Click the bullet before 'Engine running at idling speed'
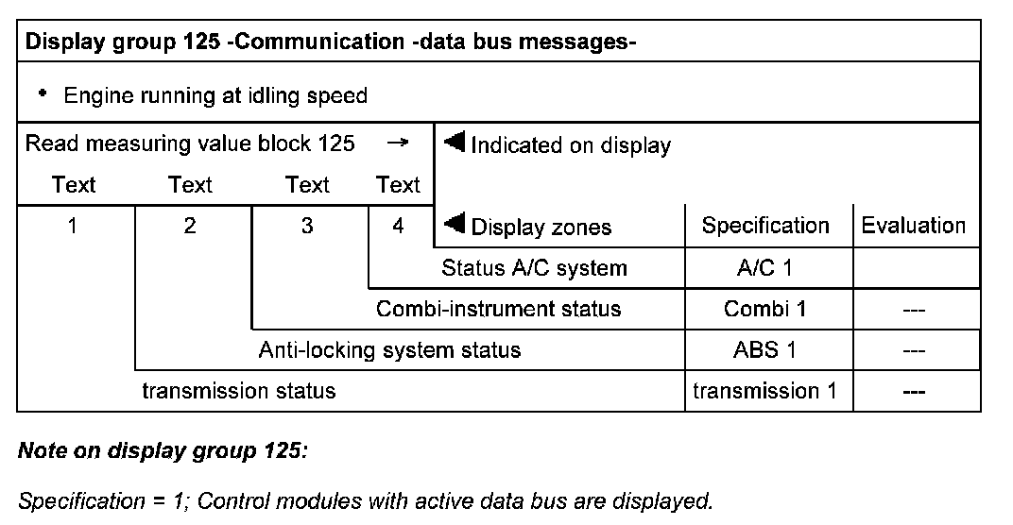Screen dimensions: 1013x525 [43, 93]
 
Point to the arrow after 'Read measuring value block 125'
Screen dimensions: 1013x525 [399, 144]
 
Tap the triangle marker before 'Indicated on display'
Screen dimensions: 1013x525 [455, 143]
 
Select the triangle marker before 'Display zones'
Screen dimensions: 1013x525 [455, 224]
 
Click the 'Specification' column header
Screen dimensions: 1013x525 [765, 226]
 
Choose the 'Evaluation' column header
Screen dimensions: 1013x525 [913, 226]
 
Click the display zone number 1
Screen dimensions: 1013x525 [74, 227]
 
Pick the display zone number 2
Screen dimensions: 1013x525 [190, 227]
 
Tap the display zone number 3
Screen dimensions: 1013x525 [307, 227]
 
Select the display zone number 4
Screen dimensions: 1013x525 [398, 227]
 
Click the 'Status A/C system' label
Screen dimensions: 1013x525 [534, 268]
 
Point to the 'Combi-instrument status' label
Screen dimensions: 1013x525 [498, 309]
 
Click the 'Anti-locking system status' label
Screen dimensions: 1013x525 [389, 350]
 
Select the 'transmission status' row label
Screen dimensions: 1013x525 [238, 391]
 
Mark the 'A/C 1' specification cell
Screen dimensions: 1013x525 [765, 268]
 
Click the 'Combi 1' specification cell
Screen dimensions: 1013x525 [765, 309]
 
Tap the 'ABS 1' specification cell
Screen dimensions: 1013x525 [765, 350]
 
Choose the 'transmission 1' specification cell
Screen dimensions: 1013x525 [765, 391]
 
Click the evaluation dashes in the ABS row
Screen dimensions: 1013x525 [913, 350]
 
